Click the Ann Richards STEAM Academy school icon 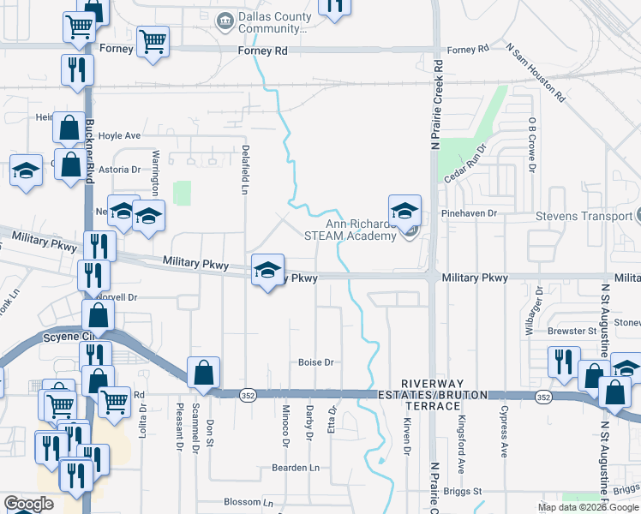point(404,211)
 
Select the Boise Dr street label point(315,362)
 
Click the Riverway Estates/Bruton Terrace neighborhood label point(445,399)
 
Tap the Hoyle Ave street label point(119,136)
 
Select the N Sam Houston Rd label point(536,73)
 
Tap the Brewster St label point(572,331)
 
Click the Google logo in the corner point(28,504)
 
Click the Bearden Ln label point(295,468)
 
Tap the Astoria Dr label point(118,170)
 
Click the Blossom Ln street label point(247,503)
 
